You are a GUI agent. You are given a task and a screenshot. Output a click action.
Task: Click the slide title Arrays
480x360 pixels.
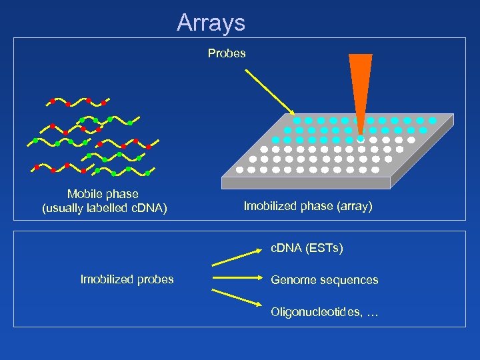point(211,23)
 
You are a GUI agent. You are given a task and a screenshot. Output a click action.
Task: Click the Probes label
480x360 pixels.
point(227,53)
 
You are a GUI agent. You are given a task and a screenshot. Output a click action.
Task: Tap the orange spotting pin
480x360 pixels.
point(360,87)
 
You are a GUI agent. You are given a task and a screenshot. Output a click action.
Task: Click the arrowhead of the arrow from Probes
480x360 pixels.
point(291,111)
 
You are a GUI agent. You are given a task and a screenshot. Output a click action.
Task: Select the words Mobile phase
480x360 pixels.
point(103,194)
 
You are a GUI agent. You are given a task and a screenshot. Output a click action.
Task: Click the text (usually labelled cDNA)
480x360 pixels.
point(104,209)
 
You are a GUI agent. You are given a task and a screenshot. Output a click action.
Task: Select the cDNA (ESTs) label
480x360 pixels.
point(307,249)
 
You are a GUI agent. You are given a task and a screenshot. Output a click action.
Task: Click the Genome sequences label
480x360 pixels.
point(324,280)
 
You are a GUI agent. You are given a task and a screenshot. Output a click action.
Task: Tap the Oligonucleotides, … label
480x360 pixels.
point(324,312)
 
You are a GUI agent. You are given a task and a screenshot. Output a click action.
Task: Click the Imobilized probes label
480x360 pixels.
point(127,279)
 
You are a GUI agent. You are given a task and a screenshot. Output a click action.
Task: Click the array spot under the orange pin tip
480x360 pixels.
point(360,140)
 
